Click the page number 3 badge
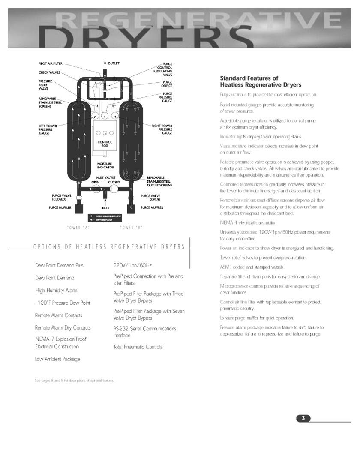pos(303,418)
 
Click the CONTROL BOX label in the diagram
pos(105,144)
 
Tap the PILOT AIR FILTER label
pos(51,64)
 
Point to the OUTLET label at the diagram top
pos(114,63)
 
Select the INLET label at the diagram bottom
pos(105,208)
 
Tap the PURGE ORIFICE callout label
pos(167,84)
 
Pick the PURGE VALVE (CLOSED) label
pos(59,198)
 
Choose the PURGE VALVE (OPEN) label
pos(150,198)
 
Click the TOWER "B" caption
pos(131,227)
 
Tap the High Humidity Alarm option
pos(56,291)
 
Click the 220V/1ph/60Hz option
pos(132,265)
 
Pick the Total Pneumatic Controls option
pos(138,347)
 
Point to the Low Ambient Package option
pos(57,359)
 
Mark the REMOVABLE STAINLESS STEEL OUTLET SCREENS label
pos(159,181)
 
